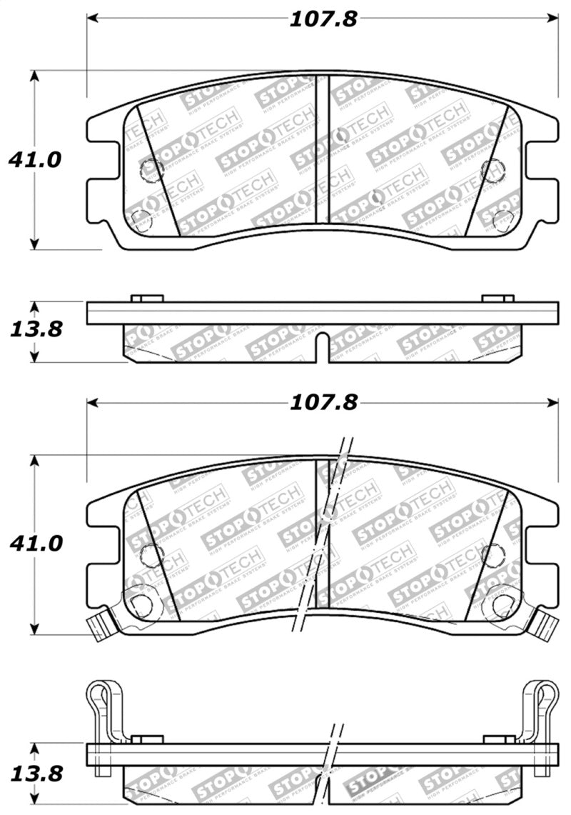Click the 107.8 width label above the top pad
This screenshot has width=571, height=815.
[323, 19]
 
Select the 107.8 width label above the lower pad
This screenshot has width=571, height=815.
[323, 403]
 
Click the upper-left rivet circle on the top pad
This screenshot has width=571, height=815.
[152, 169]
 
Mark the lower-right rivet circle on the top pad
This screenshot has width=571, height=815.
[502, 219]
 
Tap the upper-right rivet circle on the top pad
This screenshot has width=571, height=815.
[491, 169]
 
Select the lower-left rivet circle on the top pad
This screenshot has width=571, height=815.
[141, 219]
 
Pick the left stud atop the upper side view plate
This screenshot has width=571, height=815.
[147, 298]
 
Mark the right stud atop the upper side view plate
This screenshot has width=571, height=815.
[497, 298]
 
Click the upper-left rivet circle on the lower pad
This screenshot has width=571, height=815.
[152, 553]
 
